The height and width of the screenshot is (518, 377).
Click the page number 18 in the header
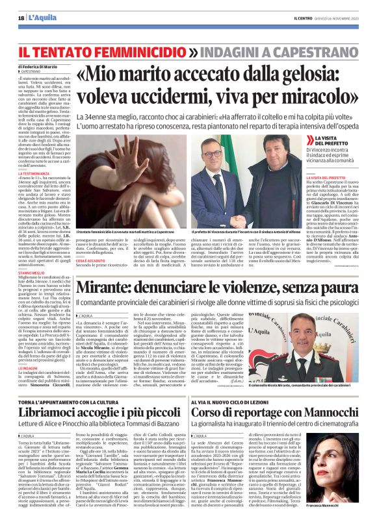coord(21,17)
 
